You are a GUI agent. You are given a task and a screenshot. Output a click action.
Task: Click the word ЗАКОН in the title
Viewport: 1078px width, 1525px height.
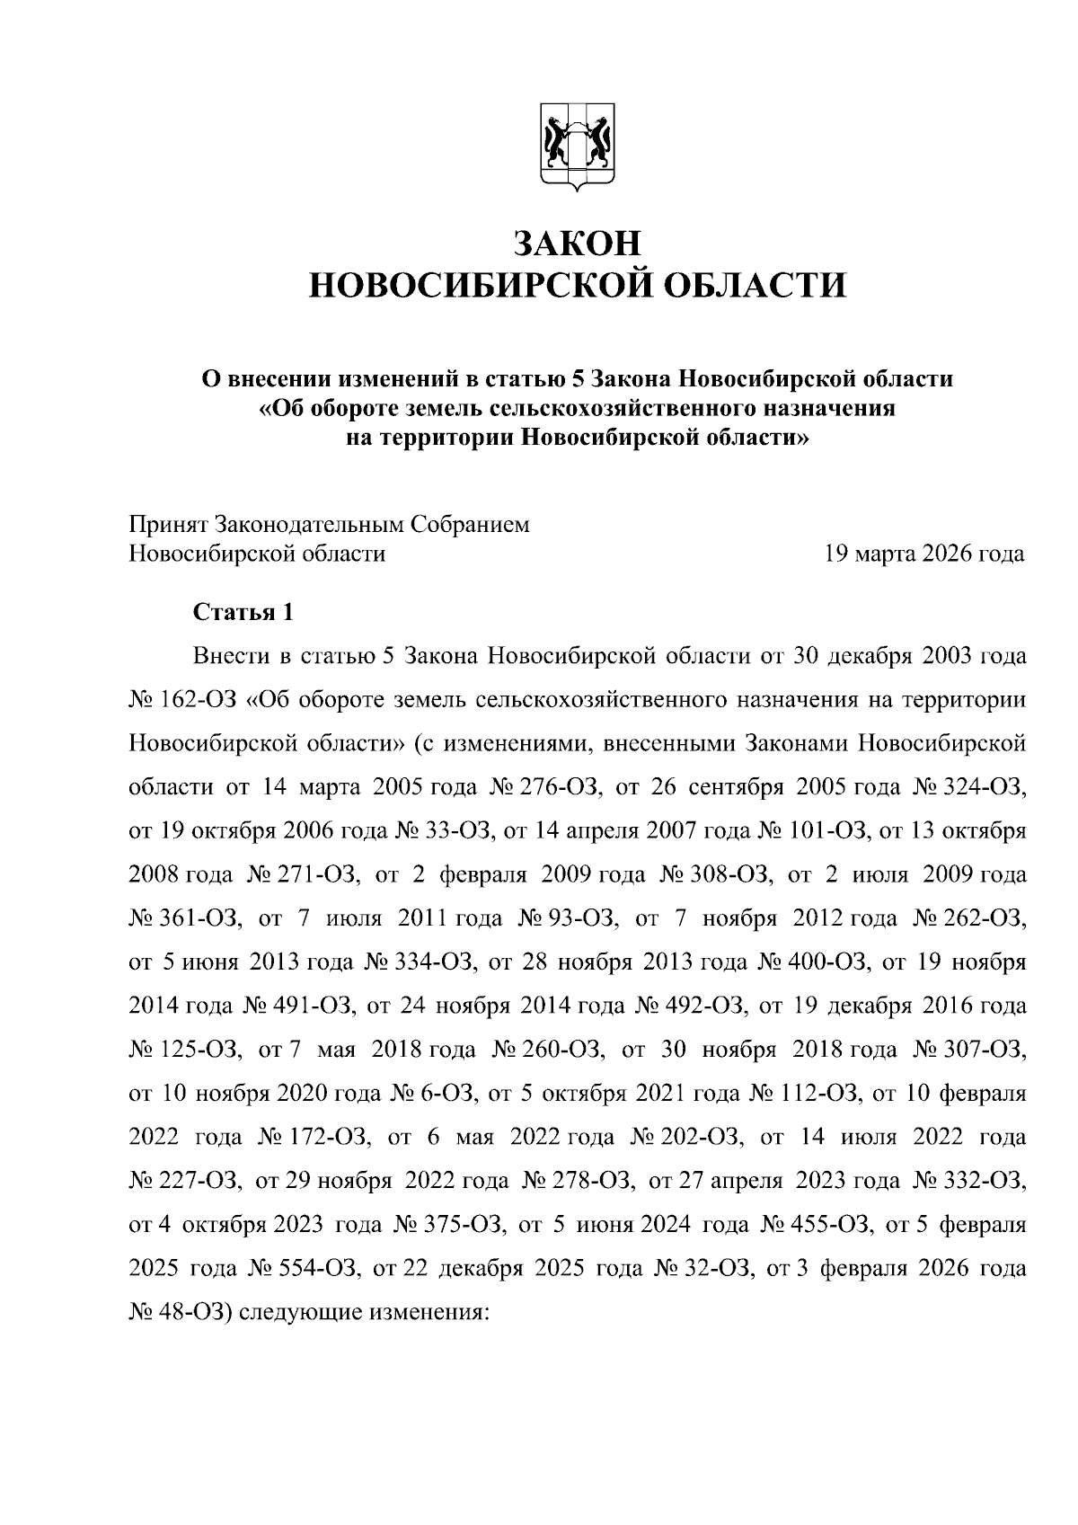(x=577, y=244)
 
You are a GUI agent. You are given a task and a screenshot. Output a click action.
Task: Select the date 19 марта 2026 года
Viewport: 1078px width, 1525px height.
(x=924, y=554)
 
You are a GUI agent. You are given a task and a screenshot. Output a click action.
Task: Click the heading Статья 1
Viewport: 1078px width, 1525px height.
(x=243, y=613)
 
